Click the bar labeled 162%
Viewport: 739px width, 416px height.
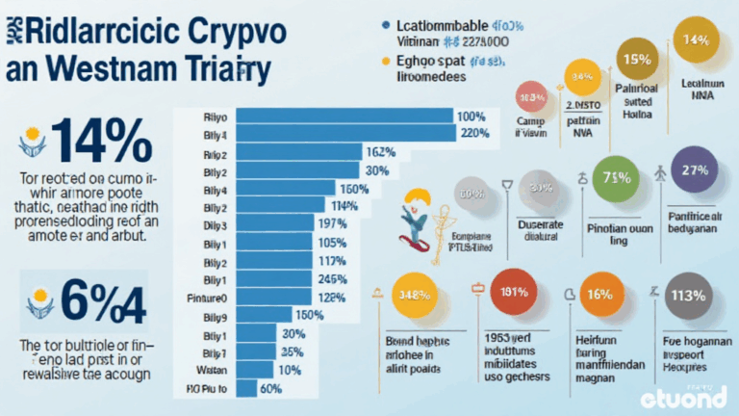[x=298, y=152]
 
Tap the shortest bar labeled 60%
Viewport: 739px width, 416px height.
[x=246, y=388]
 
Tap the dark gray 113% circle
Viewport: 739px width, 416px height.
[x=688, y=296]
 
